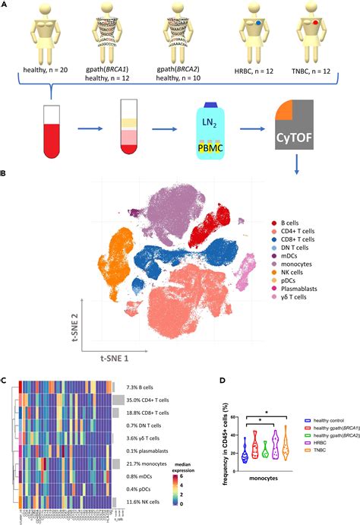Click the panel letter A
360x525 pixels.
coord(5,6)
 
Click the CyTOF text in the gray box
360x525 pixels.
coord(302,140)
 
